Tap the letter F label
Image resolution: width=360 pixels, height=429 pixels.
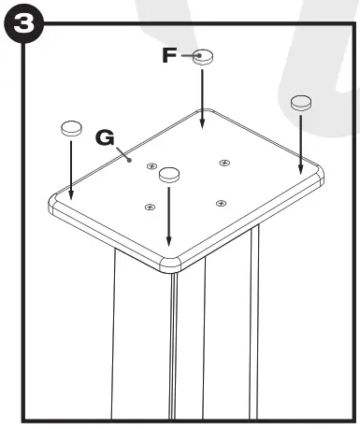coord(169,55)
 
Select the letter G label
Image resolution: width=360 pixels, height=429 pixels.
coord(107,137)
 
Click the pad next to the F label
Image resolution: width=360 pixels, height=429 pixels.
coord(205,56)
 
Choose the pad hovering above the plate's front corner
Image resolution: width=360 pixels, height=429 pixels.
coord(169,173)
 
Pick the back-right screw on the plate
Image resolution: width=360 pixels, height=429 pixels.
coord(224,163)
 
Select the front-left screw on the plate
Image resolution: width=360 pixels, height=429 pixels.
coord(148,206)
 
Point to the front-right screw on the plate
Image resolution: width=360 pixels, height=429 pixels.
coord(221,203)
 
